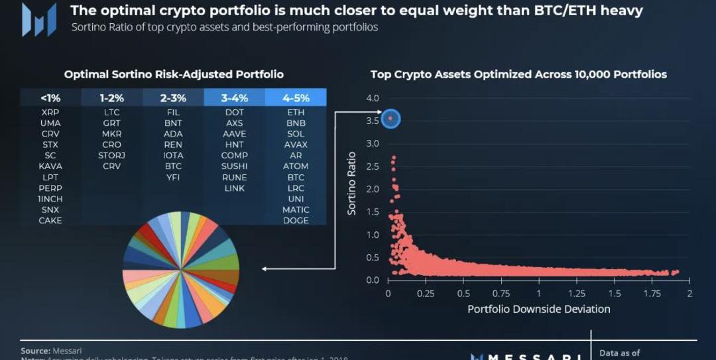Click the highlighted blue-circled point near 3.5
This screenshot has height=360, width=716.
[390, 119]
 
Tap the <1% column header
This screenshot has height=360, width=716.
[50, 97]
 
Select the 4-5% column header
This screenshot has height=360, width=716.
[296, 97]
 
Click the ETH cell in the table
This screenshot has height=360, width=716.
[296, 113]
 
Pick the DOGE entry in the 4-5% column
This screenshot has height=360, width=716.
[296, 221]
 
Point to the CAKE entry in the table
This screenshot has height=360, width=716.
[50, 221]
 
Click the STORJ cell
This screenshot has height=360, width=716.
[111, 156]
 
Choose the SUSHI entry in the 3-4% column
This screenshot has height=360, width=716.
[235, 166]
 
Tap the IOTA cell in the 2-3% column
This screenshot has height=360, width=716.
[173, 156]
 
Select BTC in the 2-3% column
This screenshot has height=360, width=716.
[173, 166]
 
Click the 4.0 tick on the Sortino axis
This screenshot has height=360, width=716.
[372, 98]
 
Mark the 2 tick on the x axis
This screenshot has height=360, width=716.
[689, 294]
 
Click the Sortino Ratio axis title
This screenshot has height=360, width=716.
[352, 183]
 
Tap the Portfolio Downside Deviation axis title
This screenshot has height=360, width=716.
[538, 309]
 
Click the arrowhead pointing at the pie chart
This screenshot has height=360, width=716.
[265, 269]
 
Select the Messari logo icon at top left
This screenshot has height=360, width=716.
[38, 20]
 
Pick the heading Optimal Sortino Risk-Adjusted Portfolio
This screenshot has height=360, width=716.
[174, 74]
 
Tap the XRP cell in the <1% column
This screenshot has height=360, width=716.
[50, 113]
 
